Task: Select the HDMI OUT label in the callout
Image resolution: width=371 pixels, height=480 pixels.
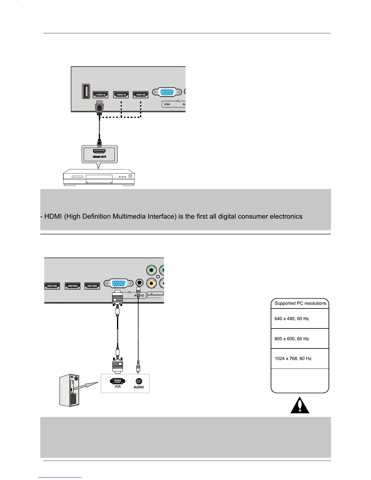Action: pyautogui.click(x=99, y=157)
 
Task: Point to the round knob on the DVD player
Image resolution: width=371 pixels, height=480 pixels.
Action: pyautogui.click(x=131, y=176)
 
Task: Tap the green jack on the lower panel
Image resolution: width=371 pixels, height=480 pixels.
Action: pyautogui.click(x=151, y=270)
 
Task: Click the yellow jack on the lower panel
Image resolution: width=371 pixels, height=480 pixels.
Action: pyautogui.click(x=151, y=283)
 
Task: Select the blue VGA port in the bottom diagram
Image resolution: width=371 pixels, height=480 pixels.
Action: pyautogui.click(x=119, y=284)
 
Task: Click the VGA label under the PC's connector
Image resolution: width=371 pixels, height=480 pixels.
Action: pyautogui.click(x=118, y=386)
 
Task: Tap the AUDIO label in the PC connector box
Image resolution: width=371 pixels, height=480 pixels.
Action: pyautogui.click(x=139, y=387)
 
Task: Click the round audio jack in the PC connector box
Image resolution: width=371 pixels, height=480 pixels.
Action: pyautogui.click(x=139, y=381)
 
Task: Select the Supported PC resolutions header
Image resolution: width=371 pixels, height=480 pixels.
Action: pyautogui.click(x=300, y=303)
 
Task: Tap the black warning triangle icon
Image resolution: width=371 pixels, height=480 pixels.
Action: pyautogui.click(x=300, y=405)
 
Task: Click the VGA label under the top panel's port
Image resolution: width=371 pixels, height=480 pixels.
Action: pyautogui.click(x=167, y=104)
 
